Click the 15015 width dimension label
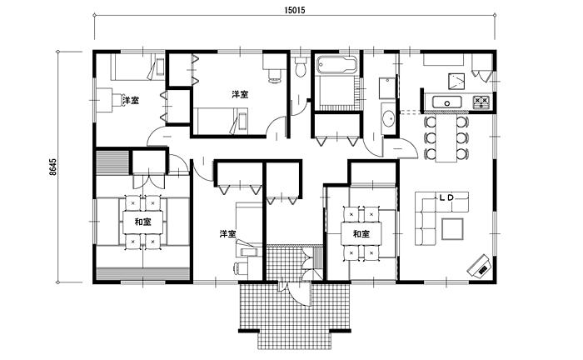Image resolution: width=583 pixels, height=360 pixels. (x=295, y=10)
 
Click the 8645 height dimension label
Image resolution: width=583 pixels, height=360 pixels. (x=53, y=167)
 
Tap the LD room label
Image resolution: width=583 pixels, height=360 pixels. (x=446, y=197)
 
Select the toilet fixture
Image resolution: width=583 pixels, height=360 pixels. (x=301, y=67)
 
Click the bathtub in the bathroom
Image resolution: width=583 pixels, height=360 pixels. (x=336, y=65)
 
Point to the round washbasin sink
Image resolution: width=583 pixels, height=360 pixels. (x=389, y=117)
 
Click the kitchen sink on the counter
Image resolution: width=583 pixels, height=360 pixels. (x=446, y=102)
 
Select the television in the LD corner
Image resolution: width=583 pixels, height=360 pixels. (x=480, y=266)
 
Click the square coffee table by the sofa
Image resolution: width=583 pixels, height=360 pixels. (x=452, y=229)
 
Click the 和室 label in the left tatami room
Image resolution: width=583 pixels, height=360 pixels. (x=142, y=222)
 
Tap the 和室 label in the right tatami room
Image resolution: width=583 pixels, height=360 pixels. (x=361, y=234)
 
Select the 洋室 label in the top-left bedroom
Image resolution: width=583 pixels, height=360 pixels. (x=131, y=100)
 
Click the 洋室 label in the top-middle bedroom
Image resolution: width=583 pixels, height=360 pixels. (x=240, y=94)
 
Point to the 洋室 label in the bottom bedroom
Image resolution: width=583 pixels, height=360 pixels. (x=227, y=234)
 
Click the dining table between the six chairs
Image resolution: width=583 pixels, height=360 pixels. (x=446, y=138)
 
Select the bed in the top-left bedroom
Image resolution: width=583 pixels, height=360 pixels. (x=137, y=67)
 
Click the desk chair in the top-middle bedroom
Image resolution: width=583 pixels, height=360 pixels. (x=274, y=76)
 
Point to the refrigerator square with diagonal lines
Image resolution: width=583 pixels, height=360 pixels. (x=456, y=82)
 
